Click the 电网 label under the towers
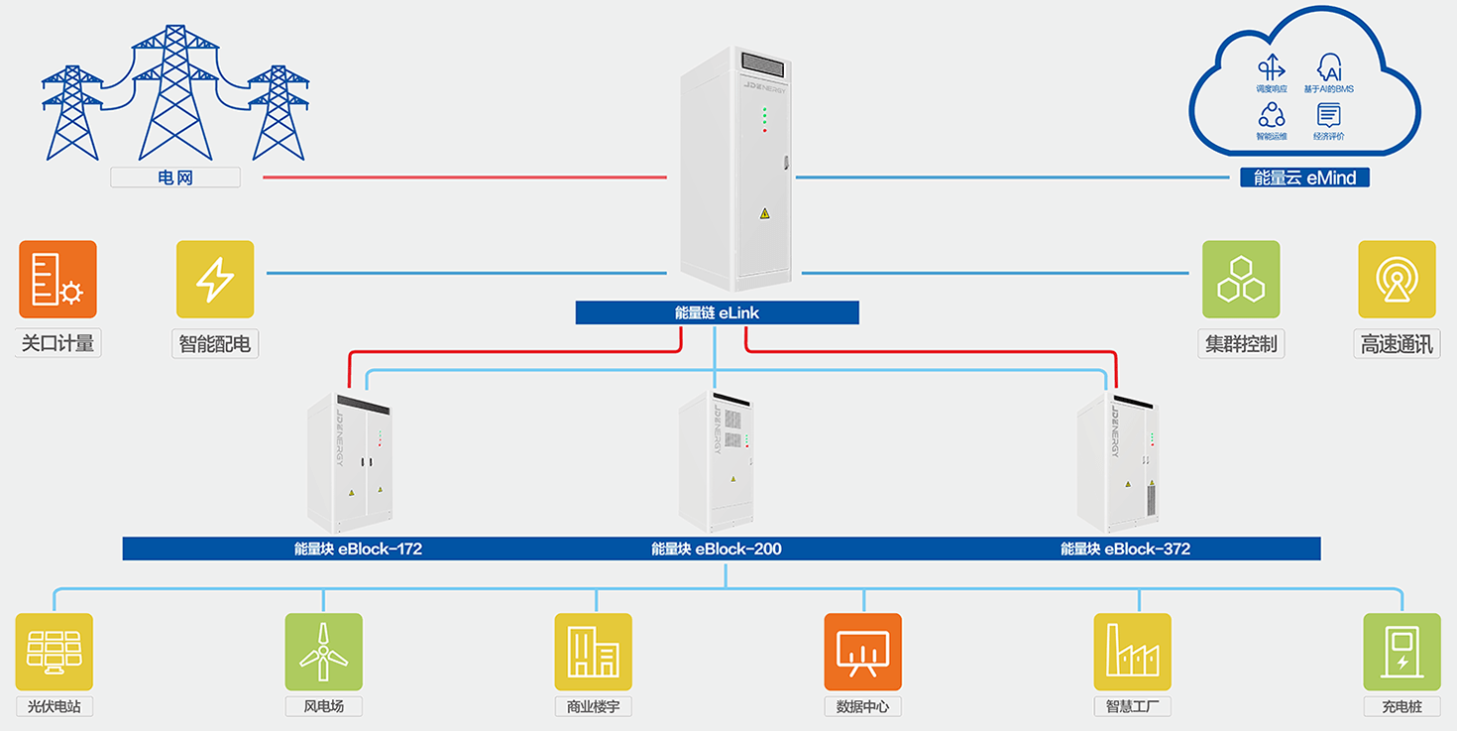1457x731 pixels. (x=174, y=178)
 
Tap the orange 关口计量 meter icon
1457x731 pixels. (x=57, y=279)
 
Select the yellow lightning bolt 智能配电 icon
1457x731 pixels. (x=215, y=279)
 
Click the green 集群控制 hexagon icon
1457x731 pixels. (x=1241, y=279)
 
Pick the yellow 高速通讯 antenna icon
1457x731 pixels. (x=1397, y=279)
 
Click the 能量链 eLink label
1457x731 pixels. (x=717, y=313)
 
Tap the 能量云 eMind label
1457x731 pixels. (x=1304, y=178)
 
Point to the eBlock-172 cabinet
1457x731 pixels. (x=352, y=462)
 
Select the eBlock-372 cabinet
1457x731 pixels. (x=1118, y=462)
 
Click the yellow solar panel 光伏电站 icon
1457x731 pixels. (x=55, y=652)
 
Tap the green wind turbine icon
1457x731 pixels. (x=323, y=652)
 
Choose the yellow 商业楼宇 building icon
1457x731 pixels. (x=593, y=652)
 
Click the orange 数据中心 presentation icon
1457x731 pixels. (x=862, y=652)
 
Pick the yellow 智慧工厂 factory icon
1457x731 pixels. (x=1132, y=652)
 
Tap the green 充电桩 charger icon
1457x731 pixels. (x=1401, y=652)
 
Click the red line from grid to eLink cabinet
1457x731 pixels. (x=465, y=178)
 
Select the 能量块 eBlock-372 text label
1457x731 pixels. (x=1125, y=548)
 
